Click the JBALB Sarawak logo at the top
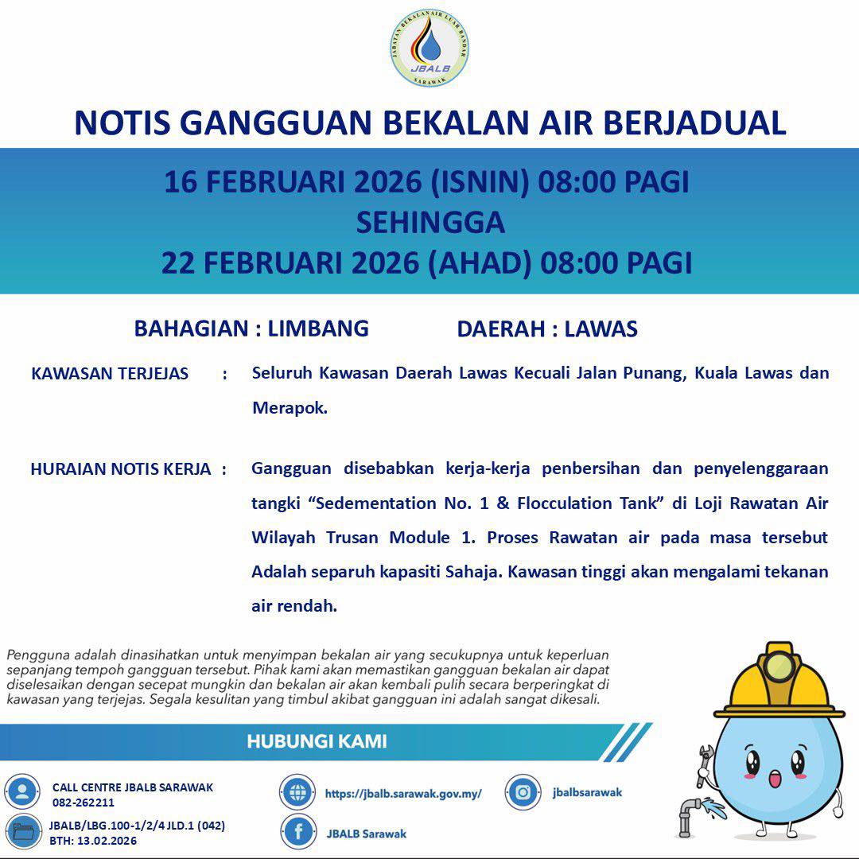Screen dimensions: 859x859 429,48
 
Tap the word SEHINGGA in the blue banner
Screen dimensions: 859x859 429,222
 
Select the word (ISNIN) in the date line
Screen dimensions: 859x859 480,182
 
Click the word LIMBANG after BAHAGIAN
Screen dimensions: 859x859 318,328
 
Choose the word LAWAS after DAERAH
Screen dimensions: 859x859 601,329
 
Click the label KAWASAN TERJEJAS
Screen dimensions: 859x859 110,374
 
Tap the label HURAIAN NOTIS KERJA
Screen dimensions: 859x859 121,469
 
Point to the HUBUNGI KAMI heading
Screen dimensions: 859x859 317,742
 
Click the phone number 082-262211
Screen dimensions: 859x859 84,803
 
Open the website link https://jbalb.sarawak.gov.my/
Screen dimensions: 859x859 403,794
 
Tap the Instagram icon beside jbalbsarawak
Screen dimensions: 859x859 523,792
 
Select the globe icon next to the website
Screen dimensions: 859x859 297,792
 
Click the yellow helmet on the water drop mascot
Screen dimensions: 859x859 784,680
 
